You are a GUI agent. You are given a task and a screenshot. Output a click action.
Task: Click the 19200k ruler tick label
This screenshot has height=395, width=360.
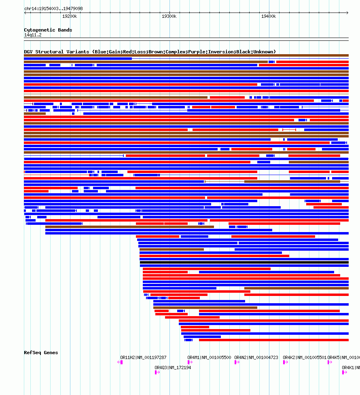click(x=70, y=16)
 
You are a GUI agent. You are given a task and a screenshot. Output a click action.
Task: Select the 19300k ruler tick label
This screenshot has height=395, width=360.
click(x=169, y=16)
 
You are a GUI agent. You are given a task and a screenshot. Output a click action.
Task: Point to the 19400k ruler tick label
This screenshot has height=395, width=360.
click(x=269, y=16)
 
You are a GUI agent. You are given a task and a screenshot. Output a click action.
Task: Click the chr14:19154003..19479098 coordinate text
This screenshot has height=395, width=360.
click(x=54, y=8)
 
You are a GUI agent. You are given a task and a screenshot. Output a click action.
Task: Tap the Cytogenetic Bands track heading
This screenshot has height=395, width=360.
click(x=48, y=30)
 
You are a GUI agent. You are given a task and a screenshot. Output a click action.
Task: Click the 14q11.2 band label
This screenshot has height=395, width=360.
click(x=33, y=35)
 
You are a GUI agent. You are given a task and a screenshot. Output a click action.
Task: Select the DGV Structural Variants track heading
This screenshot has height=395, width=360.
click(x=150, y=52)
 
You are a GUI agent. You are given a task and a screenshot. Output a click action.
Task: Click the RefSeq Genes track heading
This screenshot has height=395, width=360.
click(x=41, y=353)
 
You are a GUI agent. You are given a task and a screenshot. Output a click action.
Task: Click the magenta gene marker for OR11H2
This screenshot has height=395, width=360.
click(x=121, y=362)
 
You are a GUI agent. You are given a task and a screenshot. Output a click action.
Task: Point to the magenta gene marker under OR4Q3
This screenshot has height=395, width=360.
click(x=157, y=372)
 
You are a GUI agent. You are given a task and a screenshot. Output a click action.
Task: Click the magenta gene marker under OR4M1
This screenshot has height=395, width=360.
click(x=189, y=362)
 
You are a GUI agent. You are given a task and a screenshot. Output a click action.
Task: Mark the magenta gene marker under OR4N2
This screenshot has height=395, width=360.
click(x=236, y=362)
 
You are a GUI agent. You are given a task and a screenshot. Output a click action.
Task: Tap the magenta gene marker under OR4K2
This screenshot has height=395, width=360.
click(x=284, y=362)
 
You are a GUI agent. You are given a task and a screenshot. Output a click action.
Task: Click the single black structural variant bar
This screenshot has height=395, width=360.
click(x=244, y=262)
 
